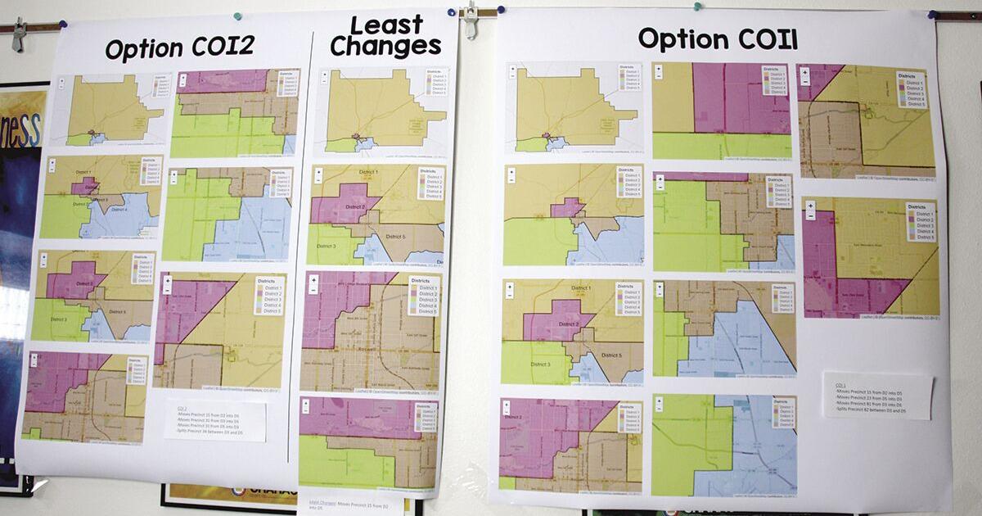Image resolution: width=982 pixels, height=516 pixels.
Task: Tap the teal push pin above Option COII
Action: pyautogui.click(x=697, y=7)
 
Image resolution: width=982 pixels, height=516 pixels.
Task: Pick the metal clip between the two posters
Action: pyautogui.click(x=470, y=20)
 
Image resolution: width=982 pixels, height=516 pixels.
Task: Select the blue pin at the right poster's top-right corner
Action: pyautogui.click(x=932, y=15)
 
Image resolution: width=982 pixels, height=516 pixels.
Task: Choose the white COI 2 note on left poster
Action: pyautogui.click(x=215, y=420)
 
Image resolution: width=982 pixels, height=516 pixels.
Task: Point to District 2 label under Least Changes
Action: pyautogui.click(x=348, y=206)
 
